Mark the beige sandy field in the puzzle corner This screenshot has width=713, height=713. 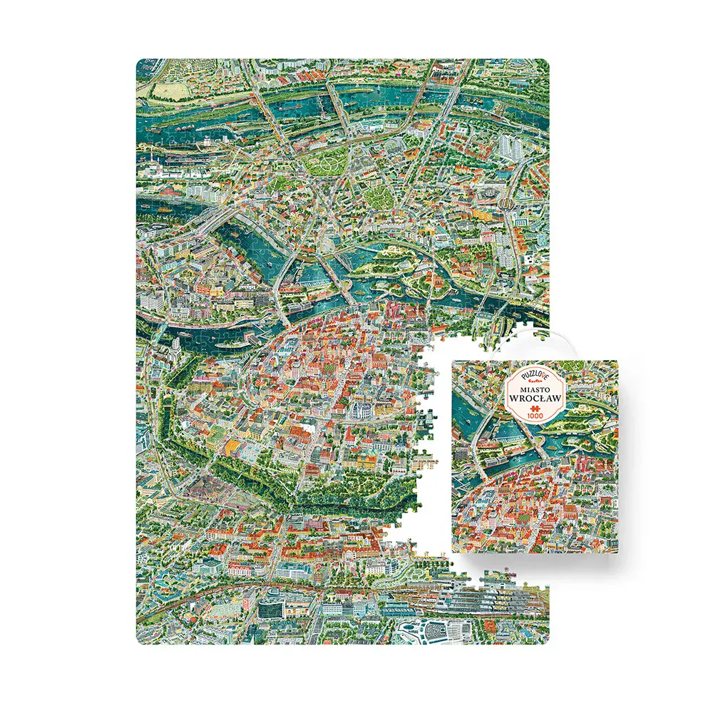pyautogui.click(x=166, y=91)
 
